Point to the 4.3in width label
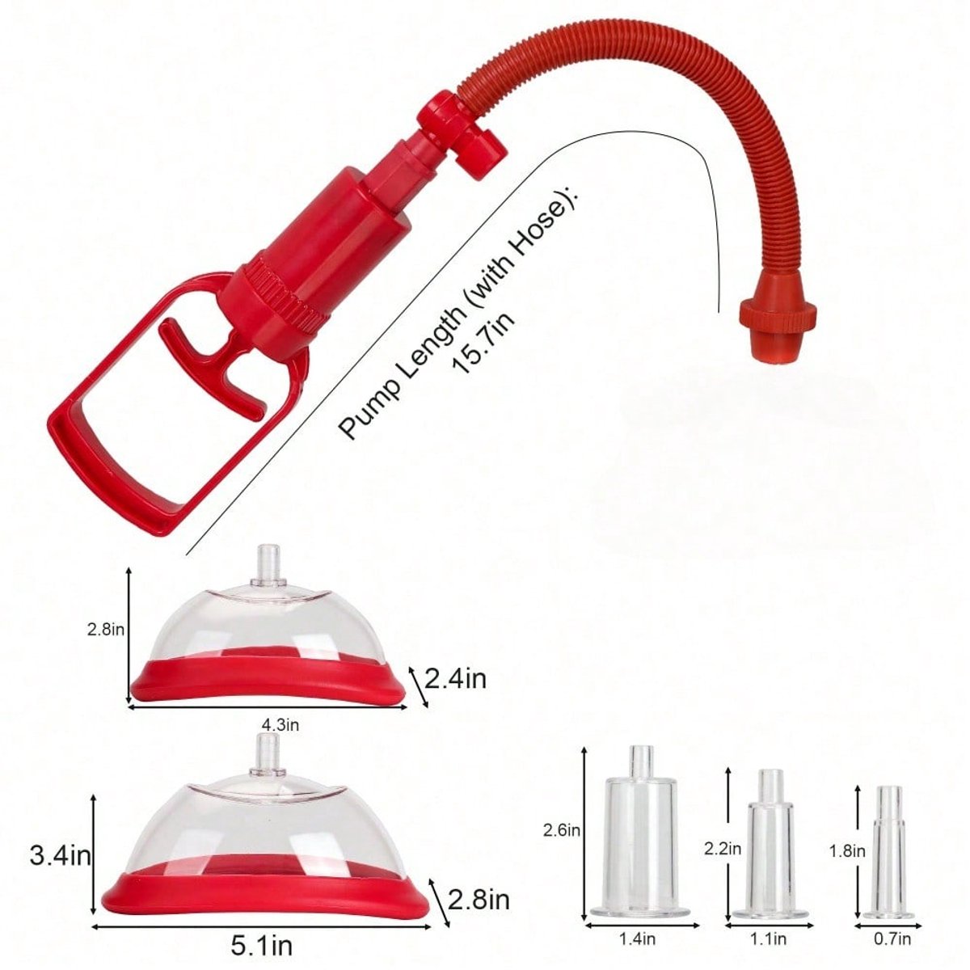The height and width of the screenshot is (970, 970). click(280, 725)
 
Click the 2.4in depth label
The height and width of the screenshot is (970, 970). click(456, 679)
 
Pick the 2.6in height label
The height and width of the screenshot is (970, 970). click(561, 830)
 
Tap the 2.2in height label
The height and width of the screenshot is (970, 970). click(723, 849)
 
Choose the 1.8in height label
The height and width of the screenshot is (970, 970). click(847, 851)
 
